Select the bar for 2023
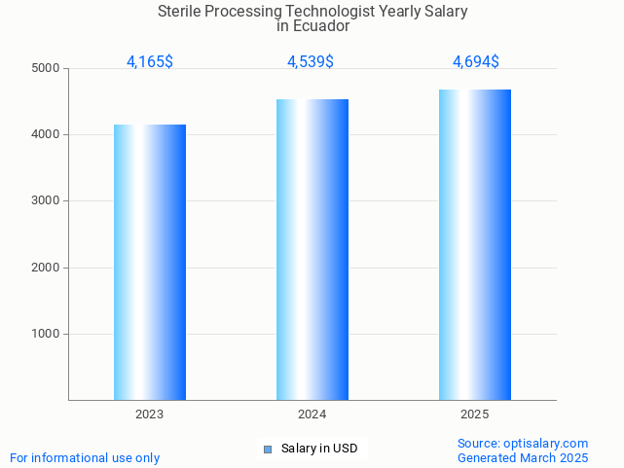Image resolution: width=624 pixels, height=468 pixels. pos(150,262)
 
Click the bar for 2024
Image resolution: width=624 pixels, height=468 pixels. pos(312,249)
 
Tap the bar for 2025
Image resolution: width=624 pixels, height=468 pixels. pos(475,244)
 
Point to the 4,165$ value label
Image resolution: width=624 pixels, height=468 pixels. pos(150,62)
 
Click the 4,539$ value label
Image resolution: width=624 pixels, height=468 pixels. pos(311,62)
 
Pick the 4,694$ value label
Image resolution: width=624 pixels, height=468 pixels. pos(476,62)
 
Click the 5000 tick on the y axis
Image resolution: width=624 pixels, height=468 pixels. pos(46,69)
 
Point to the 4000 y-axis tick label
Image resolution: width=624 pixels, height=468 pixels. pos(46,135)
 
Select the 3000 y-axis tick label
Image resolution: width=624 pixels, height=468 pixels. pos(46,201)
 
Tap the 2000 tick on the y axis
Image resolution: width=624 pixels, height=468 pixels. pos(46,268)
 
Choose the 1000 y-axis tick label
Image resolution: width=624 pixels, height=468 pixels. pos(46,334)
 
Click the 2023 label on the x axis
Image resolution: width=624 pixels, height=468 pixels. pos(150,414)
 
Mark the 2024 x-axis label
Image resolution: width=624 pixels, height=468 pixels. pos(312,414)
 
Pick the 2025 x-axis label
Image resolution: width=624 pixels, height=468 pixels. pos(475,414)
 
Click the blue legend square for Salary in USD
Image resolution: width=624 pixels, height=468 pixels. pos(268,449)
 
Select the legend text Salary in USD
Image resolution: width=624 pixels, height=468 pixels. pos(319,449)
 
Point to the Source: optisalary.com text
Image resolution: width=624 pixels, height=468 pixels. pos(523,444)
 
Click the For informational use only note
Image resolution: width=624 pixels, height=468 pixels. pos(85,457)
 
